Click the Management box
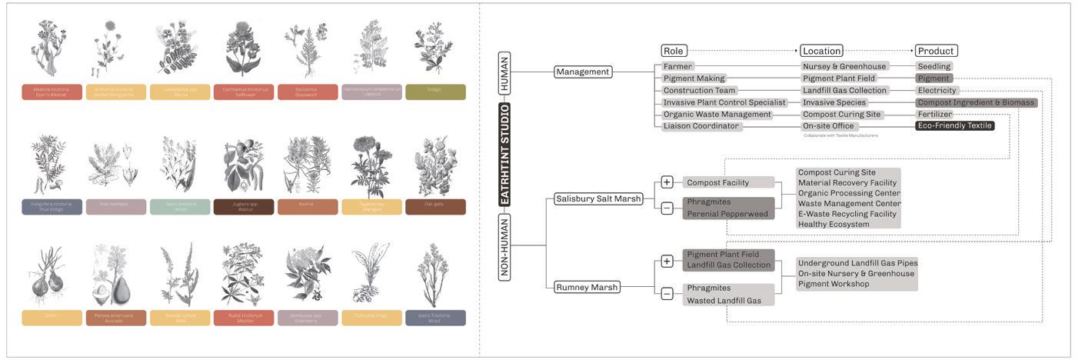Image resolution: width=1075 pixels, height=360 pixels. point(582,72)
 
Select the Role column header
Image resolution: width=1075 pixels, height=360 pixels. point(673,52)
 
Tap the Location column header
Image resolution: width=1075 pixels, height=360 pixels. point(821,52)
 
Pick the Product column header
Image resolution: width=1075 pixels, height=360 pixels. point(936,52)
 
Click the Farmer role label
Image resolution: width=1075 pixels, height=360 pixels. point(678,67)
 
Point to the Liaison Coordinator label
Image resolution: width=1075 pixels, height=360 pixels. point(701,126)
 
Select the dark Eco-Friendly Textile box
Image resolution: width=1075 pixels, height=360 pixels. point(954,126)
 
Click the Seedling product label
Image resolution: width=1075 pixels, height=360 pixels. point(934,67)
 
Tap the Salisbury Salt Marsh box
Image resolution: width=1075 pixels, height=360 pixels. point(597,198)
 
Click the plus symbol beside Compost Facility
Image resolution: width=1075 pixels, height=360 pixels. point(667,182)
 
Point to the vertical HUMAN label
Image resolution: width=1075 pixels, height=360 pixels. point(505,74)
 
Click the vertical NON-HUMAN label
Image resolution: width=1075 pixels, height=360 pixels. point(505,247)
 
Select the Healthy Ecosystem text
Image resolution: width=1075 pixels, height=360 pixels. point(834,225)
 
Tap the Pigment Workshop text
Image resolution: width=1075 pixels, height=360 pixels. point(834,284)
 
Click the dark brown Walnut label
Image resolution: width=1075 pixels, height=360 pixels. point(244,207)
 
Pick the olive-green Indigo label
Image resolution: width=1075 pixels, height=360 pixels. point(435,92)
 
